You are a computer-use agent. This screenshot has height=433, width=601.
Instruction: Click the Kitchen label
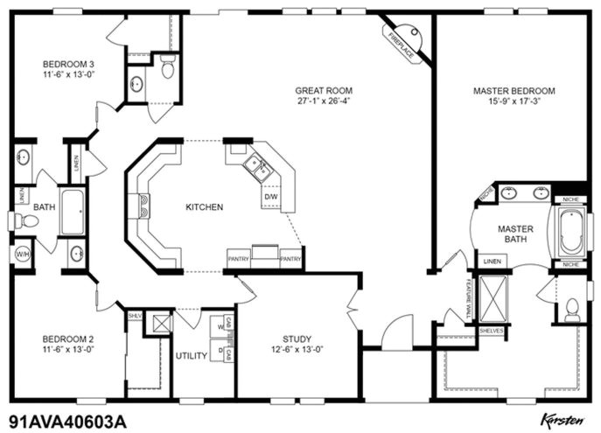(204, 207)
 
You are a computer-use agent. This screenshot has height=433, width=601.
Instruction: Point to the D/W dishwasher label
(270, 197)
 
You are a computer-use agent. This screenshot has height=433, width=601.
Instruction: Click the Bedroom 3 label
(68, 64)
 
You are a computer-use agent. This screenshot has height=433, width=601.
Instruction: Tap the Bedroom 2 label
(67, 339)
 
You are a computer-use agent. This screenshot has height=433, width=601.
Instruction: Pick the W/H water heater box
(21, 255)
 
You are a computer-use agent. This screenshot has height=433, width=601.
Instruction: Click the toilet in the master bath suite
(572, 309)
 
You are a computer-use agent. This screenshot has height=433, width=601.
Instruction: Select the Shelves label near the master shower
(491, 331)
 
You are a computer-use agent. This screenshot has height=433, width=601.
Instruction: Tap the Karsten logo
(560, 419)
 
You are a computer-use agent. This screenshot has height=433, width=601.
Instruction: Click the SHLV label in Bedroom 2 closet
(135, 316)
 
